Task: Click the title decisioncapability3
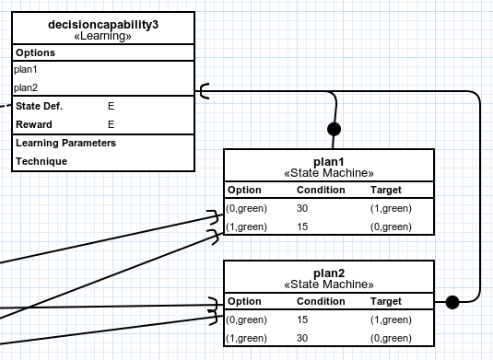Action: click(x=103, y=24)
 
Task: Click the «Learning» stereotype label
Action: click(x=103, y=37)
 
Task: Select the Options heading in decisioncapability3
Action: click(x=36, y=52)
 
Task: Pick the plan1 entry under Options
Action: click(x=26, y=69)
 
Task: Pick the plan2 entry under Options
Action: click(x=26, y=87)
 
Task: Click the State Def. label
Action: click(x=39, y=106)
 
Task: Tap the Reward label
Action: click(x=34, y=124)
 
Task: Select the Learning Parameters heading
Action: click(x=65, y=143)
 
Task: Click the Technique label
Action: click(x=41, y=161)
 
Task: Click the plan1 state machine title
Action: click(x=329, y=161)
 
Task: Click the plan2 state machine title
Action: click(x=329, y=273)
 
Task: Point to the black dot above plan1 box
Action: click(x=335, y=128)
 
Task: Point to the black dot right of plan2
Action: click(x=452, y=301)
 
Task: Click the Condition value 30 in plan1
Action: click(x=302, y=208)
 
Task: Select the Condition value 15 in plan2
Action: click(x=302, y=319)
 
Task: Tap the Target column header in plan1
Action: click(x=385, y=190)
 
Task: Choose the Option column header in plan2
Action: click(x=244, y=301)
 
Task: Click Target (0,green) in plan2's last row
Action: click(x=391, y=338)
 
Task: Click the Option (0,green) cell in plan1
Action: click(x=247, y=208)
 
